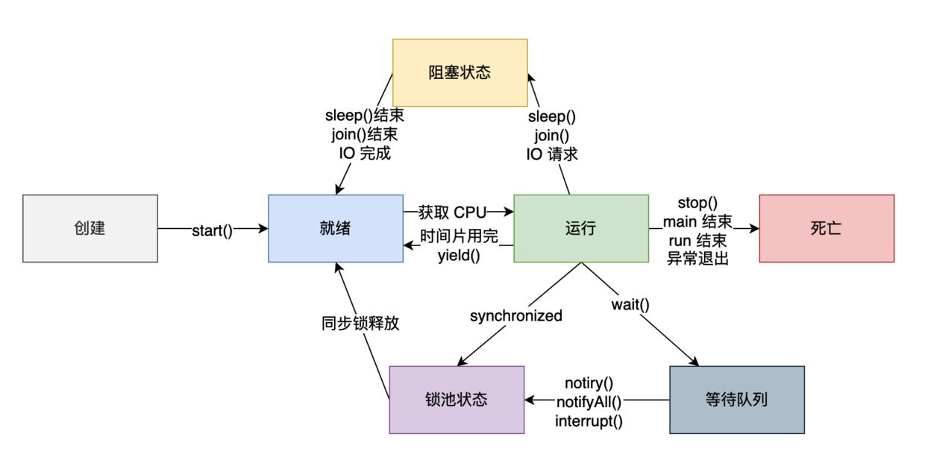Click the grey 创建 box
pyautogui.click(x=90, y=229)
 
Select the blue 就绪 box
pyautogui.click(x=336, y=229)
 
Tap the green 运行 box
pyautogui.click(x=581, y=229)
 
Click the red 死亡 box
pyautogui.click(x=827, y=229)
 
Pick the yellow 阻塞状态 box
pyautogui.click(x=460, y=72)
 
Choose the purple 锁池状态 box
pyautogui.click(x=457, y=400)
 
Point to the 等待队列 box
pyautogui.click(x=737, y=400)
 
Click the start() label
pyautogui.click(x=213, y=230)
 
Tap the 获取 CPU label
pyautogui.click(x=452, y=213)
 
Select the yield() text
pyautogui.click(x=459, y=256)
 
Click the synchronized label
pyautogui.click(x=516, y=316)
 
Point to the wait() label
pyautogui.click(x=630, y=304)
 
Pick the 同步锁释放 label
pyautogui.click(x=360, y=324)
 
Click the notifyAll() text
pyautogui.click(x=589, y=402)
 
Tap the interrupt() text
pyautogui.click(x=589, y=421)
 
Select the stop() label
pyautogui.click(x=697, y=203)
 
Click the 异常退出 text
pyautogui.click(x=697, y=259)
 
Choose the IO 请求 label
pyautogui.click(x=552, y=154)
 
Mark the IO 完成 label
pyautogui.click(x=365, y=154)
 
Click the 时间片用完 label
pyautogui.click(x=459, y=237)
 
